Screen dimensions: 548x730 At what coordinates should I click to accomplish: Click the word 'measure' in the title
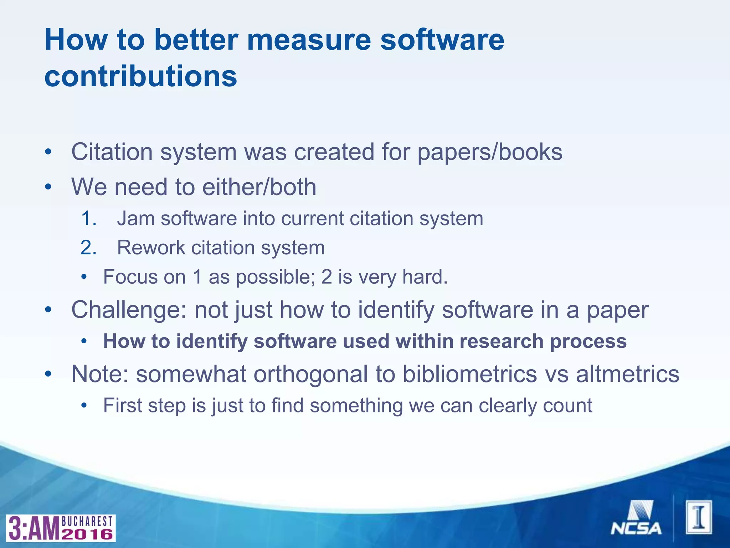tap(309, 40)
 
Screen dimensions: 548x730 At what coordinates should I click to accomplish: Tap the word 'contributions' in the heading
tap(140, 76)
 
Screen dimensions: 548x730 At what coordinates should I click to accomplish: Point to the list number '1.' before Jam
tap(88, 219)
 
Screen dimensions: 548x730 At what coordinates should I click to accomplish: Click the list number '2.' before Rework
tap(88, 248)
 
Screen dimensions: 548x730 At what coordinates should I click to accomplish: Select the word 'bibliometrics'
tap(470, 374)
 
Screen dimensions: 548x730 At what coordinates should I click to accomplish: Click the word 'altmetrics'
tap(628, 374)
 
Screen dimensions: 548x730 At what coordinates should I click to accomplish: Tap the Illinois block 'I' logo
tap(699, 517)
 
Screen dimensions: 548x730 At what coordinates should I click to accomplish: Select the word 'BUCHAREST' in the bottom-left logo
tap(87, 521)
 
